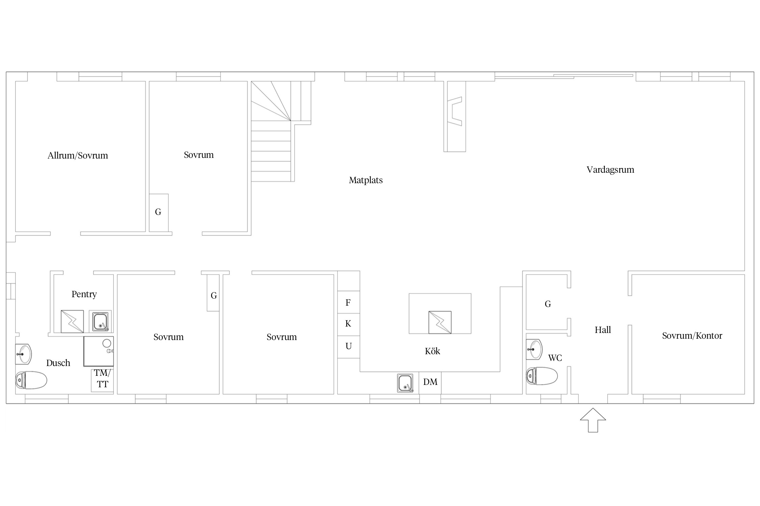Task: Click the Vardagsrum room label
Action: [x=610, y=170]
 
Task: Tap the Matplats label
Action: [x=365, y=180]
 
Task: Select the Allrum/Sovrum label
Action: [x=78, y=156]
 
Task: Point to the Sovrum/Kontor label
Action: [x=692, y=336]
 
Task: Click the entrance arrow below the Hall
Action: [x=593, y=420]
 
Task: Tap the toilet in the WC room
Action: [x=542, y=376]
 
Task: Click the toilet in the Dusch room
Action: [x=31, y=380]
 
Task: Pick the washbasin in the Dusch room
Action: [x=23, y=354]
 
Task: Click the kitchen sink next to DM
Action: [x=405, y=383]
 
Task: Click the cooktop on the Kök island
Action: [x=440, y=322]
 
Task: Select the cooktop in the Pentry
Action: [x=72, y=321]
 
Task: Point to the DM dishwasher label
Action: [x=430, y=382]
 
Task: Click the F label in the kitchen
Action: [x=348, y=303]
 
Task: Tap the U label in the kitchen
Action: [x=349, y=346]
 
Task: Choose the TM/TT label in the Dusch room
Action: [x=102, y=378]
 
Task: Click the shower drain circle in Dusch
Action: [x=107, y=343]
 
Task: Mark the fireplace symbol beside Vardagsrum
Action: [x=455, y=111]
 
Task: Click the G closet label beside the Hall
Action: [x=548, y=304]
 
